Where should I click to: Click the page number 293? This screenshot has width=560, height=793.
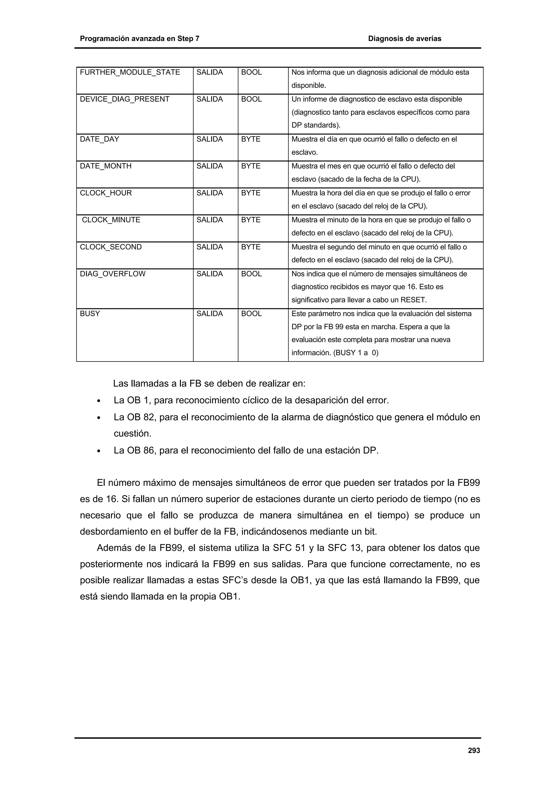474,750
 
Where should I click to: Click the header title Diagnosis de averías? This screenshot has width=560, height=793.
404,39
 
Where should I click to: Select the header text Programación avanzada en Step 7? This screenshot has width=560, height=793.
139,39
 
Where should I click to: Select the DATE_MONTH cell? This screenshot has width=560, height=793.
106,166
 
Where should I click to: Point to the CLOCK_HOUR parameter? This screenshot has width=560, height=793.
106,193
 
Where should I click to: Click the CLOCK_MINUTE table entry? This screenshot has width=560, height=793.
111,220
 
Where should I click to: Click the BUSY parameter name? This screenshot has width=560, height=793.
90,314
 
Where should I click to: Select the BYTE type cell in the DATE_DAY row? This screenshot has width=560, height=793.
250,139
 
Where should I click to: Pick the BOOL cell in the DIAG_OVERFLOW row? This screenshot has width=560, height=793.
251,274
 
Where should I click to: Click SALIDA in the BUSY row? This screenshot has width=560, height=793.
209,314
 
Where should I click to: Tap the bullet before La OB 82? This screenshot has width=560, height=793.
99,418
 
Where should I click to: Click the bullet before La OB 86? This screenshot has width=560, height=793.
99,451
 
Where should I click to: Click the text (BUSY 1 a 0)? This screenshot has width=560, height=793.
356,353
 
